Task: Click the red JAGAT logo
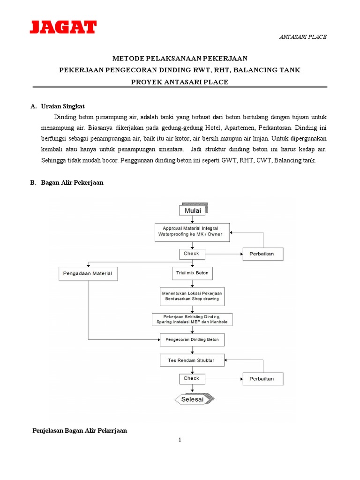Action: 63,27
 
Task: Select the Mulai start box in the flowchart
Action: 192,210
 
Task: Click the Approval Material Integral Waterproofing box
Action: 192,232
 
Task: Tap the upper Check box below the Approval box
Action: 192,254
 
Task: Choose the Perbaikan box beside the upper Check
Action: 262,254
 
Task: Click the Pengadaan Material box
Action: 88,273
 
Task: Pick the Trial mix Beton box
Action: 192,272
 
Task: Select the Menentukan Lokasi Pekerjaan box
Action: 192,296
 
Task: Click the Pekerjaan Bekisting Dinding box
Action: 192,319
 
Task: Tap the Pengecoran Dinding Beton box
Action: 192,339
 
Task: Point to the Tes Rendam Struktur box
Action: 192,360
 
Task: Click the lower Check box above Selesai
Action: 192,378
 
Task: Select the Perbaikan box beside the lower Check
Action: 262,379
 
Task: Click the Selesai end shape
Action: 194,399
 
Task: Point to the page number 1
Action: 180,440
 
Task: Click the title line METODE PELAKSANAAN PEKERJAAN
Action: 180,58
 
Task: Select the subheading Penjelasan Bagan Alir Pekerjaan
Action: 79,430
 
